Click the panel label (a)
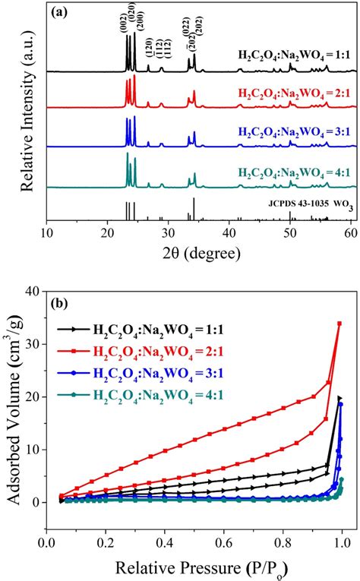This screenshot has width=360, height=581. pos(63,13)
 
